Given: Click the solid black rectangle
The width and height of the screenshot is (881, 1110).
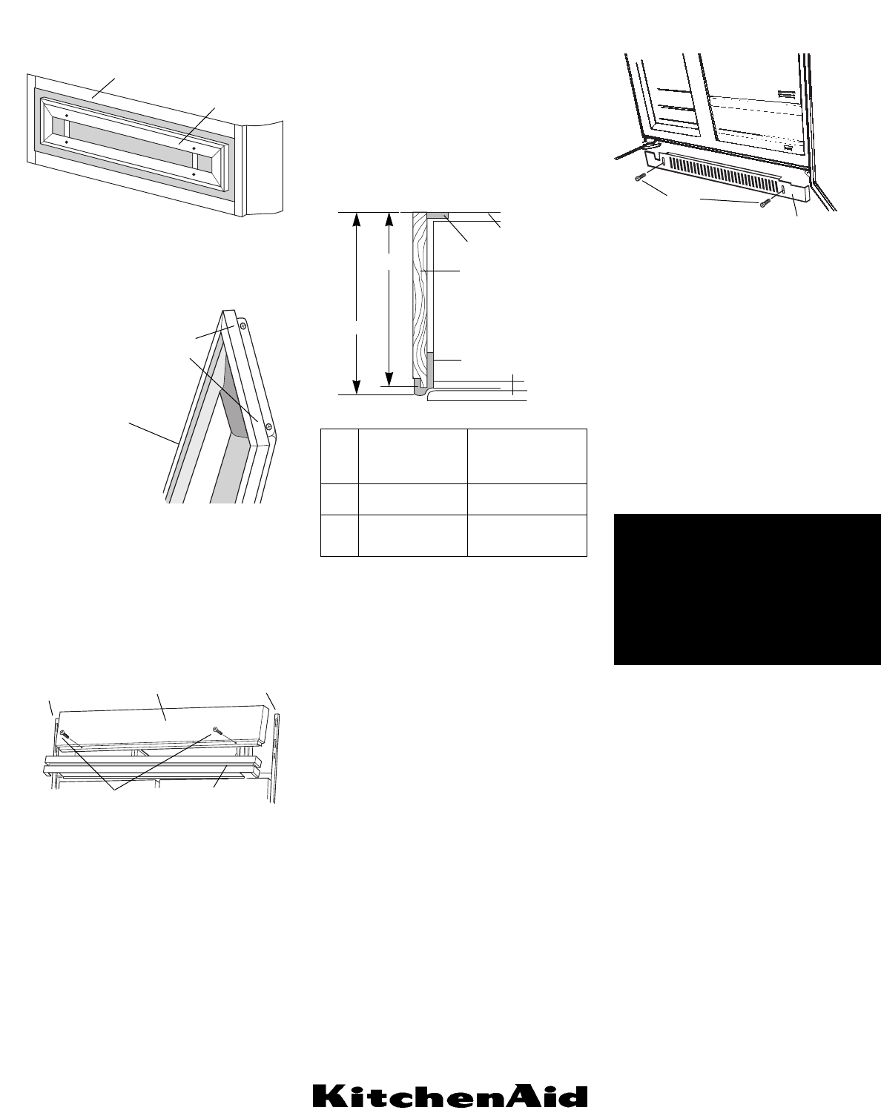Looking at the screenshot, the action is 747,589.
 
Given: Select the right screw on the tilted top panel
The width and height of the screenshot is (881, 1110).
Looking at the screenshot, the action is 215,730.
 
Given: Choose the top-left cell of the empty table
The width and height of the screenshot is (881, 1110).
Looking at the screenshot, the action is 339,456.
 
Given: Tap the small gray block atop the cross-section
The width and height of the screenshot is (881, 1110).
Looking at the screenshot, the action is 438,215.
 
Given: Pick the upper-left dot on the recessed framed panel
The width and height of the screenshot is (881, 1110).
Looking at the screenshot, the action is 67,116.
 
